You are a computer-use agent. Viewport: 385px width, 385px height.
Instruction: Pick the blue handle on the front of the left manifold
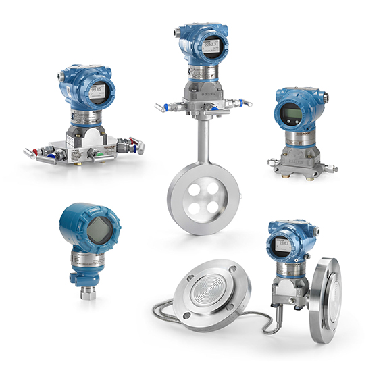[97, 159]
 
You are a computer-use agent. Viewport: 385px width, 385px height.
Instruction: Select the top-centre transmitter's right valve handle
[243, 103]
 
